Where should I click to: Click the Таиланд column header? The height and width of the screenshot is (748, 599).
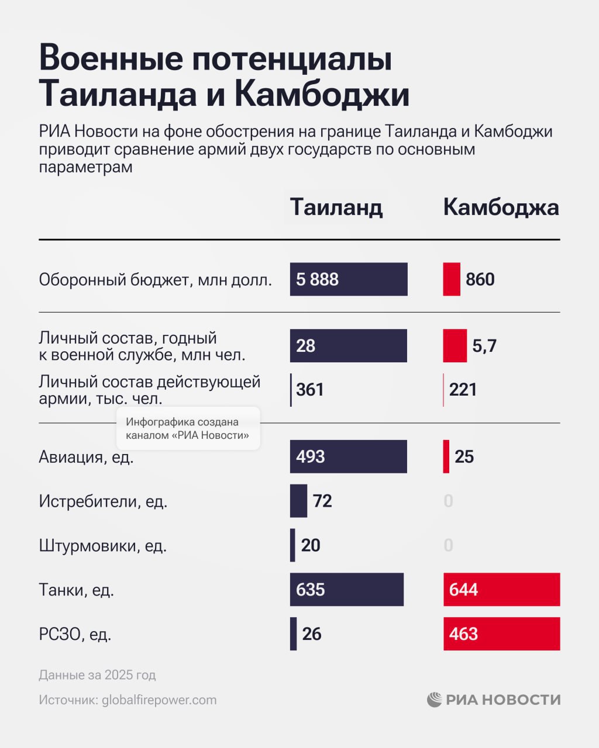tap(336, 207)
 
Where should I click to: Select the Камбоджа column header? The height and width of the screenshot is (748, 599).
tap(501, 207)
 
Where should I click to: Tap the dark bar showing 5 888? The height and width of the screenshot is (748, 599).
tap(349, 279)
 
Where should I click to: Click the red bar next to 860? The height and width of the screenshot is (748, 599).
tap(452, 279)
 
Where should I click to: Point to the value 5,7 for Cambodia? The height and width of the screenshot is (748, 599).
tap(484, 346)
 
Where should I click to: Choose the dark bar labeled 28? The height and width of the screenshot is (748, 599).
tap(349, 346)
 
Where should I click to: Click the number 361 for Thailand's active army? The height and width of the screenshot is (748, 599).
tap(310, 390)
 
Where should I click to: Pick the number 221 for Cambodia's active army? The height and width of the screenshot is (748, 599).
tap(463, 390)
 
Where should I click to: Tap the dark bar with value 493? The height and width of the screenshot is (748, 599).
tap(349, 456)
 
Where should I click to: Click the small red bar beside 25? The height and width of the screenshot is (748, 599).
tap(446, 456)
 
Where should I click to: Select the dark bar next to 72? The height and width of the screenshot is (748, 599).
tap(298, 501)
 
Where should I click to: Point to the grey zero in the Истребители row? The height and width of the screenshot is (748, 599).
tap(448, 501)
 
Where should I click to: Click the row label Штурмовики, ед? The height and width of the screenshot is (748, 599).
tap(103, 546)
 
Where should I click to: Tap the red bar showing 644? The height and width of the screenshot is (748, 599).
tap(501, 590)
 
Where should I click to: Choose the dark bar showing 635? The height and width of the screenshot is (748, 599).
tap(347, 590)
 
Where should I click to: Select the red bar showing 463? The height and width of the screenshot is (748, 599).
tap(501, 634)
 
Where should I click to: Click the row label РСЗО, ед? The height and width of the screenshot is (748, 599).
tap(75, 634)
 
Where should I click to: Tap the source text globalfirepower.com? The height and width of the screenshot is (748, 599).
tap(159, 700)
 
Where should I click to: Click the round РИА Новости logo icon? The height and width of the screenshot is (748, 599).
tap(434, 699)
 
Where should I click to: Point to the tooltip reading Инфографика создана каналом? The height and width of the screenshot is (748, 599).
tap(188, 428)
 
